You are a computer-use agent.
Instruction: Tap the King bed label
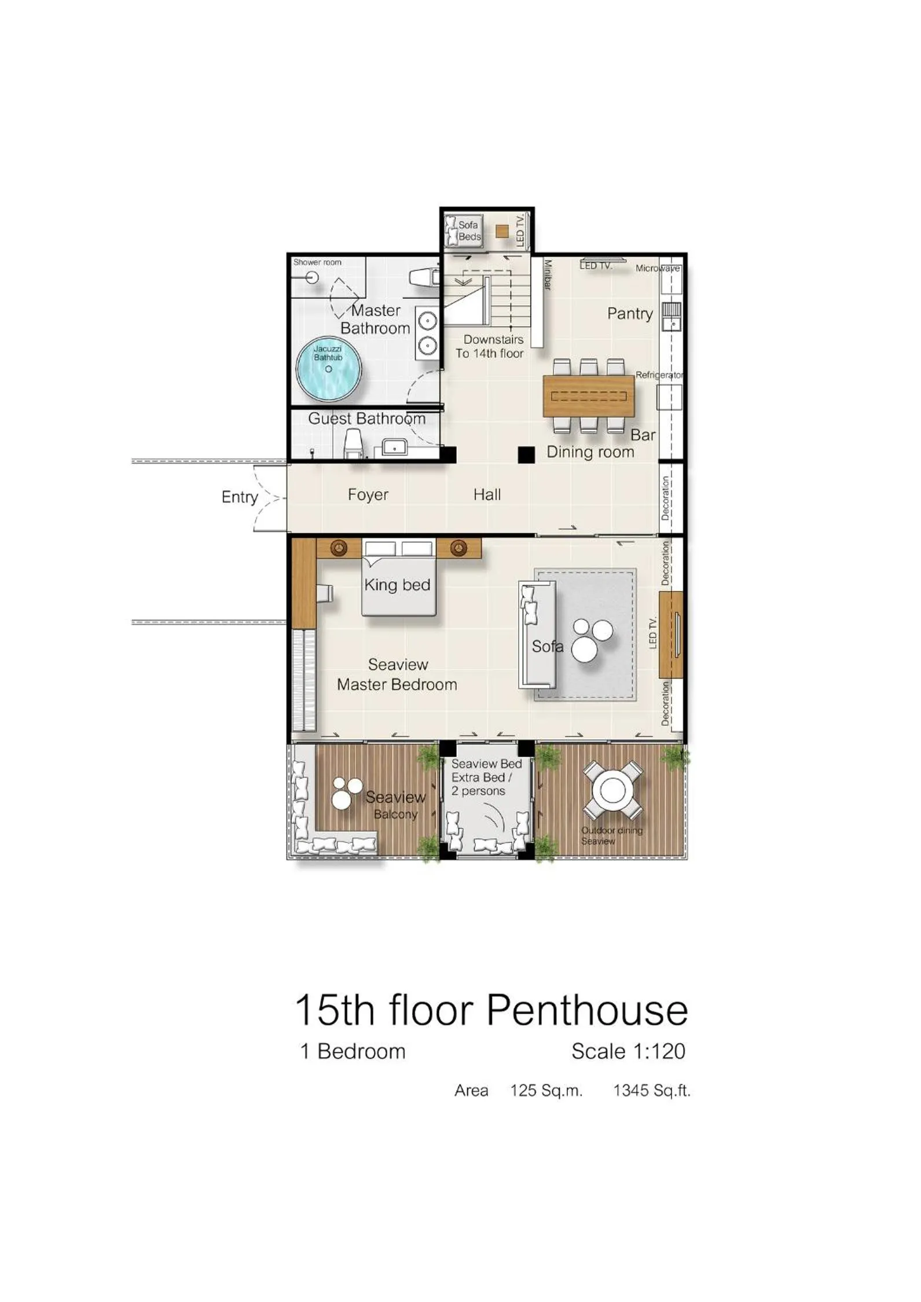pos(397,585)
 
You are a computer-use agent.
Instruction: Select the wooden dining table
pos(589,395)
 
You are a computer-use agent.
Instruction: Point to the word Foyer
pos(368,494)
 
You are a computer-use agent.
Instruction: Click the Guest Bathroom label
pos(366,419)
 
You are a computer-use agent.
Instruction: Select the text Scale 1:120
pos(628,1051)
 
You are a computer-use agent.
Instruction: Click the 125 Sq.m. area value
pos(546,1091)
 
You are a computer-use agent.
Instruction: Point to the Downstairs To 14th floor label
pos(490,346)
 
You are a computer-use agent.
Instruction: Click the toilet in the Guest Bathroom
pos(353,445)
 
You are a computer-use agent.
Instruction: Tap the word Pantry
pos(630,313)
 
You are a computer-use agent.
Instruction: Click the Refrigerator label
pos(659,375)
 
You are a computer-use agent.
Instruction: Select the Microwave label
pos(658,269)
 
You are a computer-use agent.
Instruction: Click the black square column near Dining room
pos(526,455)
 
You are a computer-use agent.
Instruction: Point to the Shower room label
pos(317,262)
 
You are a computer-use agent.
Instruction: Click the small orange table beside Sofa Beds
pos(502,231)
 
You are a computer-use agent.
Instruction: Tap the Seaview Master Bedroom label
pos(397,674)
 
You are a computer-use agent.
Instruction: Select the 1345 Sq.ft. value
pos(652,1091)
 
